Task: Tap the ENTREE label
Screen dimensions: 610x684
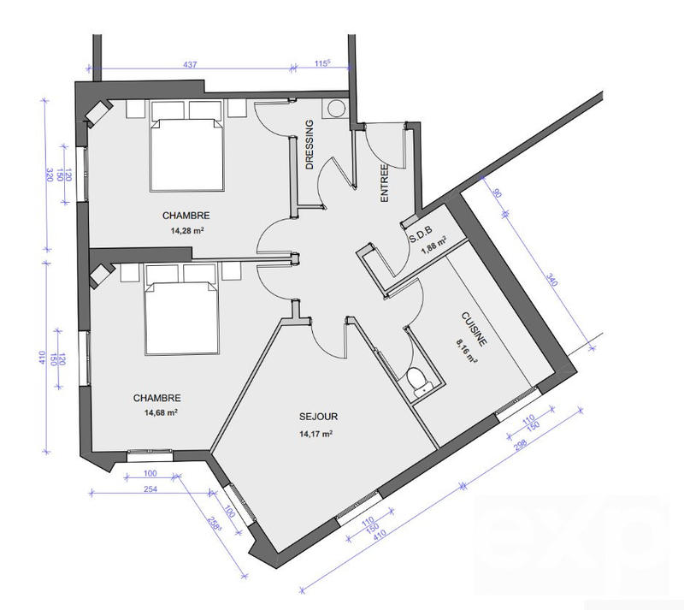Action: [384, 183]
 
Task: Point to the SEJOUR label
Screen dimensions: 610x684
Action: [318, 418]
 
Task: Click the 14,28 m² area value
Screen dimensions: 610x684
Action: [186, 230]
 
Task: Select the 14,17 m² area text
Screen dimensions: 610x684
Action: [315, 434]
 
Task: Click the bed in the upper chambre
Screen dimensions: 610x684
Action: [188, 147]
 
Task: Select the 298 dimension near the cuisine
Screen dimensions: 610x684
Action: [517, 453]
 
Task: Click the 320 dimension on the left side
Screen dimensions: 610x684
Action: [49, 175]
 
